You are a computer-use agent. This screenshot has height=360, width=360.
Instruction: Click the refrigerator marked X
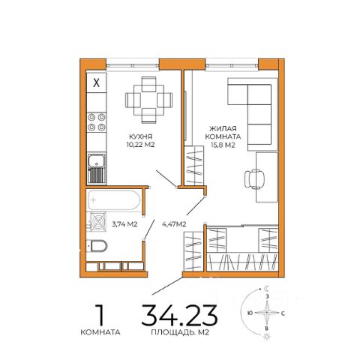tap(97, 82)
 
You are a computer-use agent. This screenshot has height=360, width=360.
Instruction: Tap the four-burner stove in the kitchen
tap(97, 122)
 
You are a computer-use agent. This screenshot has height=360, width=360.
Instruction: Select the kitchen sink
tap(97, 168)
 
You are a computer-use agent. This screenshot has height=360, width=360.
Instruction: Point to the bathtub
tap(114, 200)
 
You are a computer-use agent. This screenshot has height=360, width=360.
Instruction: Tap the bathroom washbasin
tap(97, 221)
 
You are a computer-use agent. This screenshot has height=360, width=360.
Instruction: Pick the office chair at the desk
tap(254, 179)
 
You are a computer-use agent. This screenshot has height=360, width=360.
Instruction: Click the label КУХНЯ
tap(141, 136)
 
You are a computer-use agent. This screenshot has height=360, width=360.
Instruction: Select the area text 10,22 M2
tap(141, 145)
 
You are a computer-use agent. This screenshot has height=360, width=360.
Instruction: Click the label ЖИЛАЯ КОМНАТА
tap(223, 133)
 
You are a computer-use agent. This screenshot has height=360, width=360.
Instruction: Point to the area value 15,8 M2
tap(223, 145)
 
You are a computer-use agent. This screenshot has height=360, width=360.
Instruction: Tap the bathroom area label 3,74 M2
tap(124, 224)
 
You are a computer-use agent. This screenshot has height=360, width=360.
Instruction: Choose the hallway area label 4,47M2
tap(174, 224)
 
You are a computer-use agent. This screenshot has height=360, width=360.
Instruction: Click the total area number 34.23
tap(179, 315)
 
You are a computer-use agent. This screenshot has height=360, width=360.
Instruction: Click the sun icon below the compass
tap(267, 337)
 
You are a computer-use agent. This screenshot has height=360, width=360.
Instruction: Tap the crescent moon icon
tap(267, 289)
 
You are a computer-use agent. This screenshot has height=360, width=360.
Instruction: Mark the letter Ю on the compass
tap(250, 313)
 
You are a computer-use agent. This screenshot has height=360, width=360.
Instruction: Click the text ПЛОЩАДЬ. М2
tap(180, 332)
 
